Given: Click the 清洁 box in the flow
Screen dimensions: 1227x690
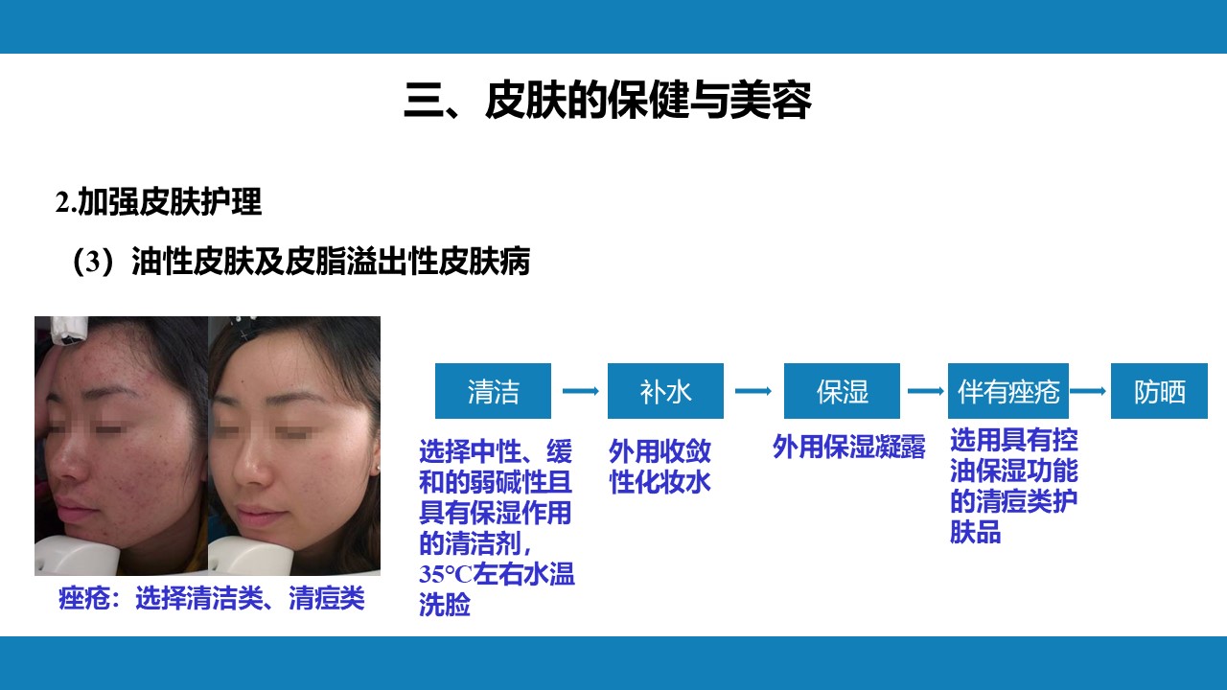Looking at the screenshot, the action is pyautogui.click(x=493, y=391).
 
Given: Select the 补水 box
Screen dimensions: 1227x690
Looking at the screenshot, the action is pyautogui.click(x=665, y=391).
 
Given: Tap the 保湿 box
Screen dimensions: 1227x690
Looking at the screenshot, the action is pyautogui.click(x=842, y=391).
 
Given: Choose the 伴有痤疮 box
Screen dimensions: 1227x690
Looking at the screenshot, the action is pyautogui.click(x=1008, y=391).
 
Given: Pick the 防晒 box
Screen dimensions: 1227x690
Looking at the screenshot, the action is pyautogui.click(x=1159, y=391).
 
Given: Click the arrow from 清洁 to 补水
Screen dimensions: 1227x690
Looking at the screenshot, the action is pyautogui.click(x=581, y=391).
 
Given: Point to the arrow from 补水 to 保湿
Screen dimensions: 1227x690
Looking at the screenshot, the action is pyautogui.click(x=753, y=391).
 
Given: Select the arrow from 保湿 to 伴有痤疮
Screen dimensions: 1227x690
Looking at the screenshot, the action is pyautogui.click(x=926, y=391).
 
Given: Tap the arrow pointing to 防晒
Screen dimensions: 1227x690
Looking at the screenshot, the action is pyautogui.click(x=1088, y=391).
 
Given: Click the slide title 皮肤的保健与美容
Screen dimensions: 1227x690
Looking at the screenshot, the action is pyautogui.click(x=649, y=101).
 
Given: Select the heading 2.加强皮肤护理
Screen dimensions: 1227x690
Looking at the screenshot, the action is pyautogui.click(x=158, y=202).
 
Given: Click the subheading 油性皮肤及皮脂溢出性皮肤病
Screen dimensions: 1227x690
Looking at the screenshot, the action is pyautogui.click(x=331, y=262).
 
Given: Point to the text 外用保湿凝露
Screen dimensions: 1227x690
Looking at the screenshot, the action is pyautogui.click(x=849, y=447).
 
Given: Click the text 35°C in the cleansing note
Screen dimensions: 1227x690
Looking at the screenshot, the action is pyautogui.click(x=446, y=574).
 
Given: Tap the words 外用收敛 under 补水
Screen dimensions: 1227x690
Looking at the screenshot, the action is pyautogui.click(x=660, y=451).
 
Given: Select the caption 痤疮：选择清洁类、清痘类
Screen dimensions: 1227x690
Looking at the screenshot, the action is pyautogui.click(x=212, y=597).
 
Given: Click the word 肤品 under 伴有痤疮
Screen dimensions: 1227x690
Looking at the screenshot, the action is pyautogui.click(x=976, y=532).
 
